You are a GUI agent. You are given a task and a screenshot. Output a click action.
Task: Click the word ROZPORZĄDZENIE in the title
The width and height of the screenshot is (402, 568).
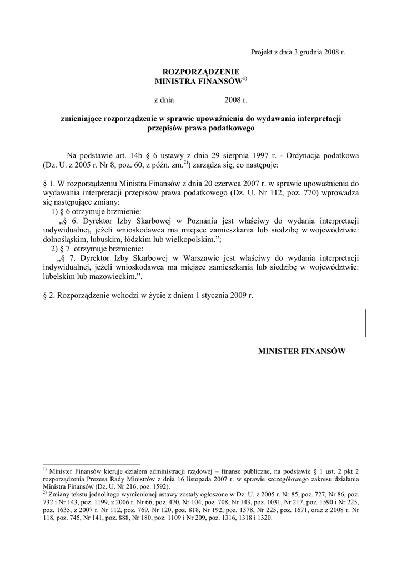pos(200,72)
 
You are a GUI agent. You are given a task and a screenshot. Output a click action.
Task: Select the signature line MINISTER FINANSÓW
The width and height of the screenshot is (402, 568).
pos(302,351)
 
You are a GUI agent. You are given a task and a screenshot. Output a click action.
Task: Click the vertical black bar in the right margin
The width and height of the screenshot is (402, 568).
pos(365,323)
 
